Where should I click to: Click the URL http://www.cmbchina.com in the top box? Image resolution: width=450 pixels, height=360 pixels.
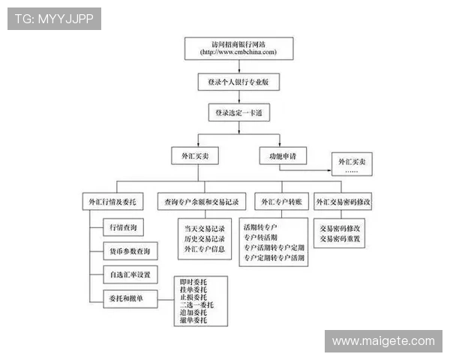click(x=238, y=52)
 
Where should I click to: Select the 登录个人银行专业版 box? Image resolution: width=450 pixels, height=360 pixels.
click(x=238, y=80)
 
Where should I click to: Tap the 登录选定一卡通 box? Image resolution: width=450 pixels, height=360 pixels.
click(x=238, y=112)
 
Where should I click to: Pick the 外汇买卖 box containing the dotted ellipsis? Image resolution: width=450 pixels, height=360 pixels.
click(x=353, y=166)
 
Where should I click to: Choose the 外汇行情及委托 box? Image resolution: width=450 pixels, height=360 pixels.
click(x=113, y=202)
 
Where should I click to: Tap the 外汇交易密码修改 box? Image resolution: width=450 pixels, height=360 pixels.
click(x=343, y=202)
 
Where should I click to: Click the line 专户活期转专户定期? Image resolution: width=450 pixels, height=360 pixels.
click(x=274, y=247)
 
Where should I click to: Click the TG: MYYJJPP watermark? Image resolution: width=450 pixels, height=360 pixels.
click(x=54, y=18)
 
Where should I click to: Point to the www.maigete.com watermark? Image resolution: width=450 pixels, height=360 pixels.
click(x=383, y=341)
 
